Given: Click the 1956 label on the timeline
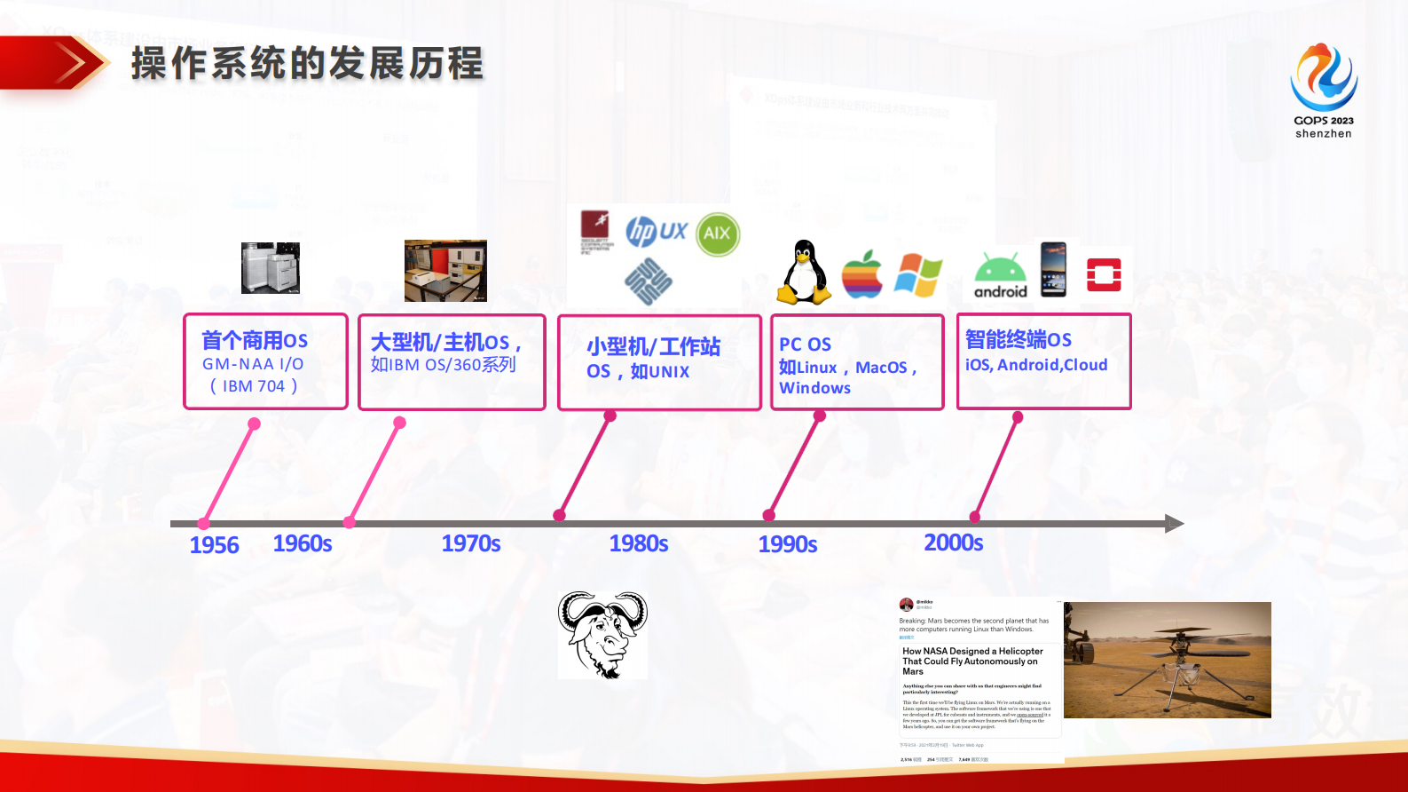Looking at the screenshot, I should pos(214,545).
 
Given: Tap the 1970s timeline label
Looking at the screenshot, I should pos(470,543).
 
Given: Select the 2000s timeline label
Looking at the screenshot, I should pos(953,543).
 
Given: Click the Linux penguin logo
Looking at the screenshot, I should pos(805,273).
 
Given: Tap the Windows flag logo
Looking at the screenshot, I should pos(917,274).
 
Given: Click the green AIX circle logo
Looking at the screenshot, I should pos(717,234).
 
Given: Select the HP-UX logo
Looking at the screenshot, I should pos(656,232).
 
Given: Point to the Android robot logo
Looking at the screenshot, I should pos(1000,275).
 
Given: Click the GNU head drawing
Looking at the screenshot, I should pos(602,635).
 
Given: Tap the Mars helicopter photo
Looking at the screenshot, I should pos(1167,660).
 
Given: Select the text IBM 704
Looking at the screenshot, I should pos(254,386).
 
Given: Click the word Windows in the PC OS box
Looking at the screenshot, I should pos(814,388).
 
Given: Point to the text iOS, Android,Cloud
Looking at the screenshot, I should pos(1035,365).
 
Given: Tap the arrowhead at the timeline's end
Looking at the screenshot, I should pos(1173,524).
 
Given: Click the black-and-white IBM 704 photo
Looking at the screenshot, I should pos(271,267).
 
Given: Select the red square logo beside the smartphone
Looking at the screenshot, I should pos(1104,274).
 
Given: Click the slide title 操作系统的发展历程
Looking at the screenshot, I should pos(307,64).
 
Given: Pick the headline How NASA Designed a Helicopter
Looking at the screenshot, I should pos(971,652).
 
